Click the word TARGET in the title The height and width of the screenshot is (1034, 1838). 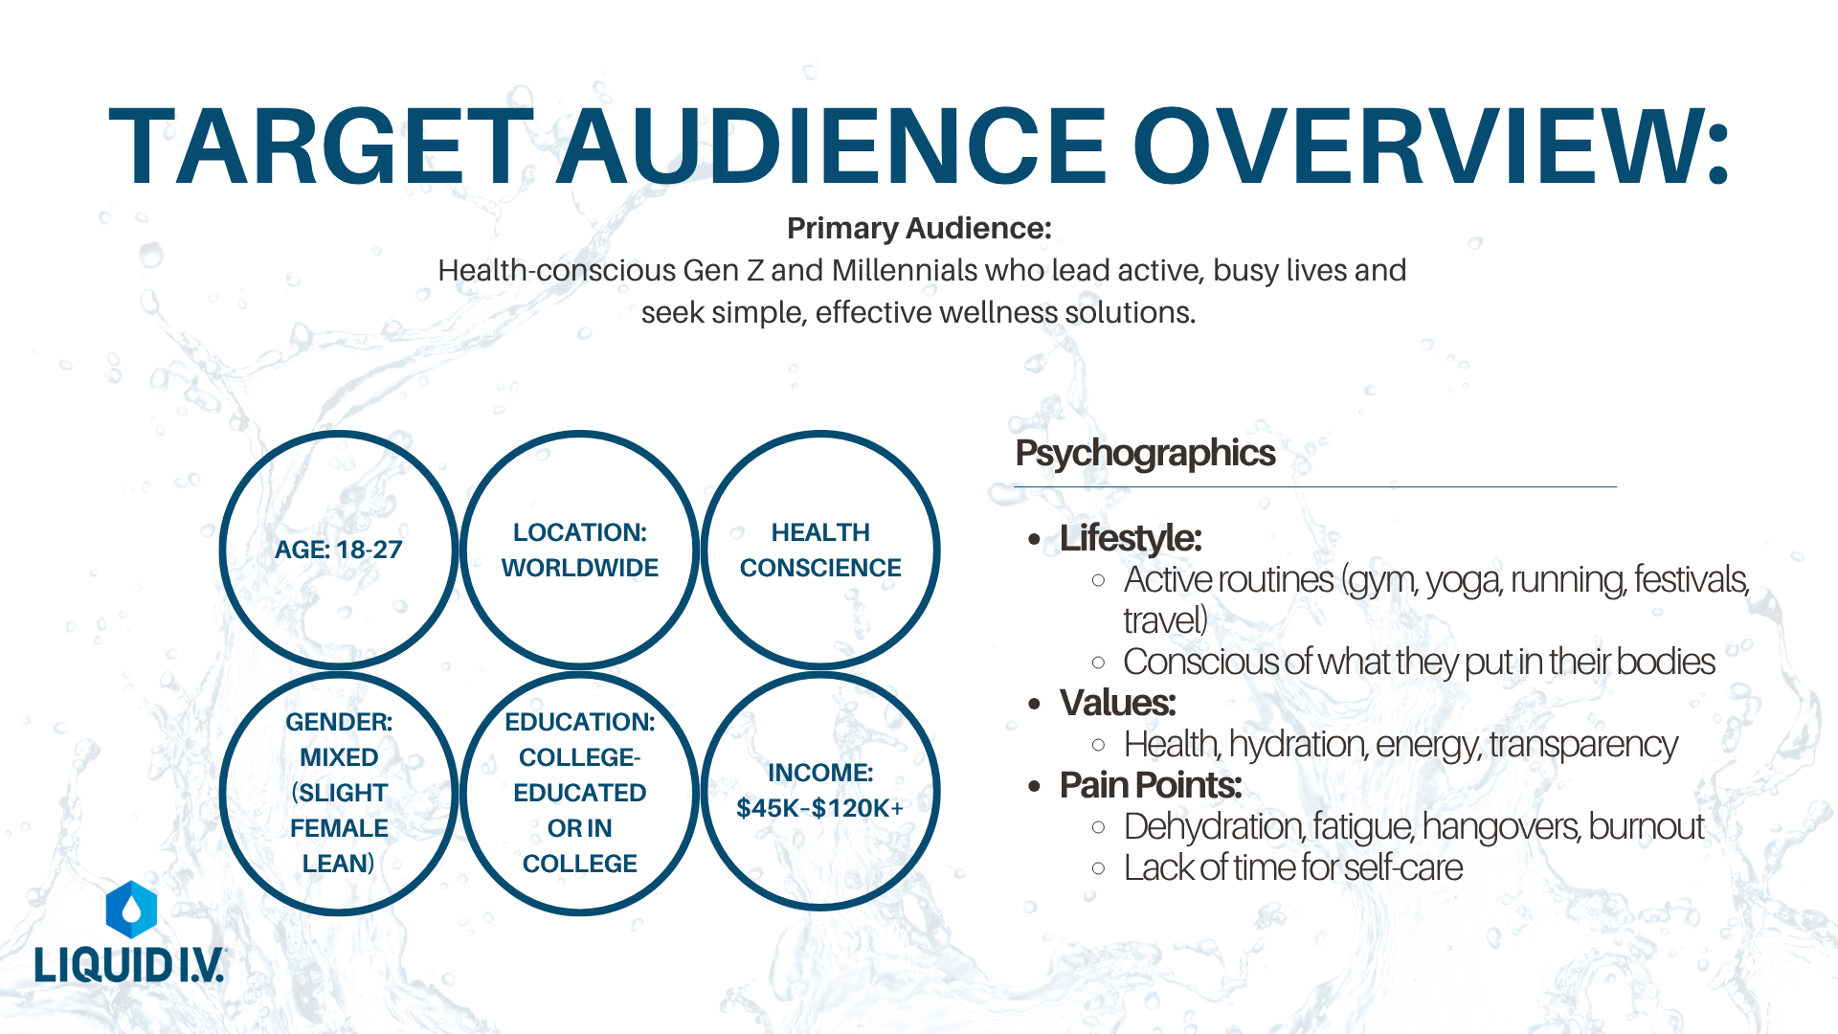(x=322, y=146)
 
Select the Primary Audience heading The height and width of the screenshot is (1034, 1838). (x=919, y=228)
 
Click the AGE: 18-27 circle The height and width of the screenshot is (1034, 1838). (x=339, y=550)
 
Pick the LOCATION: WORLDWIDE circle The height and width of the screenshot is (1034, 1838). (x=580, y=550)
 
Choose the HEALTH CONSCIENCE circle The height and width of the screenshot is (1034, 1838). (x=820, y=550)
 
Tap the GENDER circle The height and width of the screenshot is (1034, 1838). (x=339, y=793)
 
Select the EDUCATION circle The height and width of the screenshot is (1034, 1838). (x=580, y=793)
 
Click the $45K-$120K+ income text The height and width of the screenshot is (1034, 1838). (x=820, y=808)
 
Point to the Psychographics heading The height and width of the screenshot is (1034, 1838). (x=1145, y=453)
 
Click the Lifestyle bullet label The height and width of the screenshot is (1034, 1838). (x=1130, y=538)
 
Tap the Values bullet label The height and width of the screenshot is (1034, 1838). (x=1117, y=703)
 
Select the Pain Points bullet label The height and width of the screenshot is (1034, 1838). (x=1150, y=785)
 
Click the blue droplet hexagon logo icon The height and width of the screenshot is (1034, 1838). (x=131, y=910)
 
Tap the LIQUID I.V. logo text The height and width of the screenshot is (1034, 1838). (x=129, y=964)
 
